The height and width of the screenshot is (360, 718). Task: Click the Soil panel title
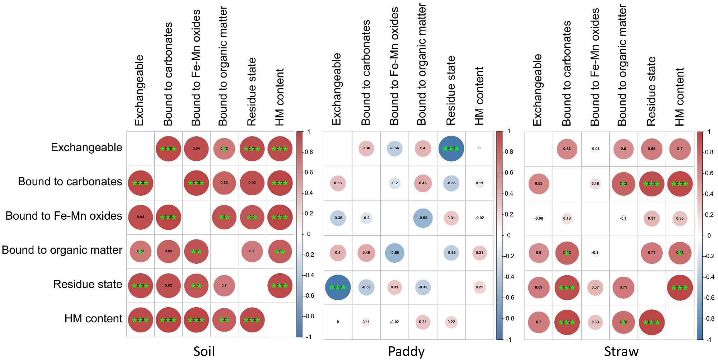pos(204,351)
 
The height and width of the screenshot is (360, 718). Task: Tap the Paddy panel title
pos(406,351)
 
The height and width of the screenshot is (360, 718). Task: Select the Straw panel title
pos(621,351)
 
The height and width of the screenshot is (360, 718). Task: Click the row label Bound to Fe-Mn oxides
pos(64,216)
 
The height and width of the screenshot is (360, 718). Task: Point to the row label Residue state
pos(88,284)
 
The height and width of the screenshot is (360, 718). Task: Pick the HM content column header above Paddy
pos(479,96)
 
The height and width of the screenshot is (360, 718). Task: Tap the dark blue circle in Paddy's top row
pos(451,148)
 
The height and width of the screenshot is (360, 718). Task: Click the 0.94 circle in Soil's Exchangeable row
pos(196,148)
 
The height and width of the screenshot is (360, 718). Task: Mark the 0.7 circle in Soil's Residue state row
pos(224,285)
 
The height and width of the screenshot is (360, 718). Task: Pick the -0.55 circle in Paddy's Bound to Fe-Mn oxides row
pos(423,218)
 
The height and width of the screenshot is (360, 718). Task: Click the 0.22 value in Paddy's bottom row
pos(451,322)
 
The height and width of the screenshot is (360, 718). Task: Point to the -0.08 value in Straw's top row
pos(595,149)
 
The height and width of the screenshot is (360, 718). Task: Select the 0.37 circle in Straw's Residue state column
pos(652,218)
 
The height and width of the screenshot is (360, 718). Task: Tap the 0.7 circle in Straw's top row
pos(680,149)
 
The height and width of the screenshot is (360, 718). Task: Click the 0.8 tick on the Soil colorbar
pos(309,152)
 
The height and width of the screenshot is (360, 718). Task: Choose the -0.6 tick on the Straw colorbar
pos(709,298)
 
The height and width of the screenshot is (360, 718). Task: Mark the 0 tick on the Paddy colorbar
pos(508,235)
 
